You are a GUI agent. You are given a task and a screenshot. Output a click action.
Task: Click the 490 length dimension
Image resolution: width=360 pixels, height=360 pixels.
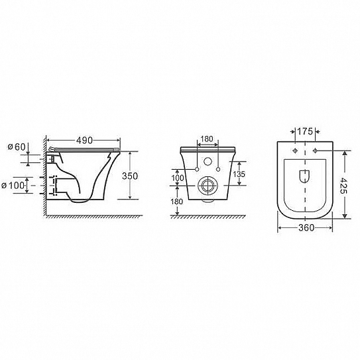[84, 141]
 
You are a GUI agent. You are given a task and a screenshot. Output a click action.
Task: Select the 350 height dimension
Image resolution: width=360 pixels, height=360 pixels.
[130, 176]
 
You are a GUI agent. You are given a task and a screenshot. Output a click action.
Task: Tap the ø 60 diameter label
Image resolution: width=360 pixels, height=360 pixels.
[17, 147]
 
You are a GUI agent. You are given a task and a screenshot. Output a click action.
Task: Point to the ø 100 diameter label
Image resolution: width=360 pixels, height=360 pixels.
[13, 185]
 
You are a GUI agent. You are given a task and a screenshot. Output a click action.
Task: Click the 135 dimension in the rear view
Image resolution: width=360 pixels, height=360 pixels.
[239, 174]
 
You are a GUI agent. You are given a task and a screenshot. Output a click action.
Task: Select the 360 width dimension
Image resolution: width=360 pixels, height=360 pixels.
[306, 228]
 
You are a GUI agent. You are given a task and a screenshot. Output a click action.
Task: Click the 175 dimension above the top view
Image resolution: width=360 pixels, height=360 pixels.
[305, 131]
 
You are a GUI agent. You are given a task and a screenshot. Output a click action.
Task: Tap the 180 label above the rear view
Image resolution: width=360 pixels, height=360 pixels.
[207, 139]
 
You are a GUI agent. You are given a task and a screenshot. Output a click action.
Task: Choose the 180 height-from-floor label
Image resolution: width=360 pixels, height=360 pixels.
[177, 202]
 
